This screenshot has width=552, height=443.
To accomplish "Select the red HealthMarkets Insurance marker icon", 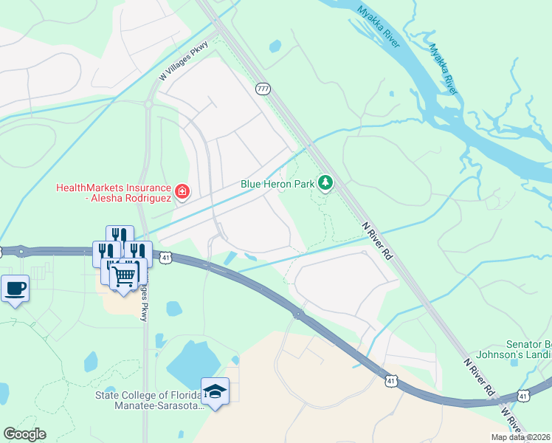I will tap(182, 193).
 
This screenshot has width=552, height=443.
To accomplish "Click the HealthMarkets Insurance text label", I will tap(114, 193).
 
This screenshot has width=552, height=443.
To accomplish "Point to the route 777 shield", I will tap(263, 89).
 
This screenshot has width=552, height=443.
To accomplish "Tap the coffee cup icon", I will tap(15, 289).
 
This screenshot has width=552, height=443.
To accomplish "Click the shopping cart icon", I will tap(124, 276).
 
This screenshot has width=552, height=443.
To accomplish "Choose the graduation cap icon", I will tap(215, 391).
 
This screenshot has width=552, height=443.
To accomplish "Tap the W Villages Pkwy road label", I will tap(184, 61).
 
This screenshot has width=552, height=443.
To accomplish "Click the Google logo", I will tap(24, 434).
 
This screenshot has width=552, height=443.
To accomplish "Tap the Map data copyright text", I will tap(520, 437).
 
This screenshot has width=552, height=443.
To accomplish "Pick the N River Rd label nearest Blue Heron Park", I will tap(377, 241).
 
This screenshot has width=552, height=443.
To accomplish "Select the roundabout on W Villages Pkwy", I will tap(148, 105).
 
